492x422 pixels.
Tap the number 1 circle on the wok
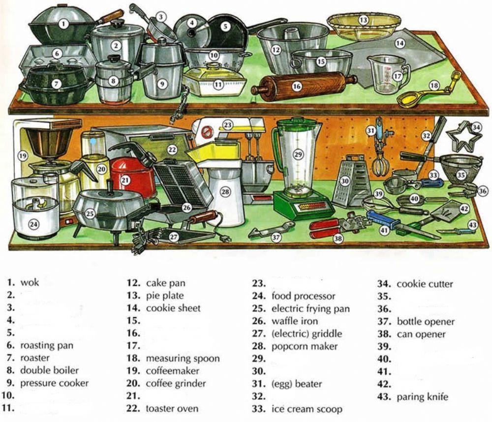click(63, 23)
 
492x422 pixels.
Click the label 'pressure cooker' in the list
click(55, 383)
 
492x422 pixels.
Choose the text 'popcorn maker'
click(305, 346)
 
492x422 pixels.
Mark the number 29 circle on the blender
click(297, 154)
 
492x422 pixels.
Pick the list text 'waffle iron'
click(295, 321)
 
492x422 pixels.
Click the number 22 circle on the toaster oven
click(172, 149)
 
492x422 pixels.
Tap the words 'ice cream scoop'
click(307, 409)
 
